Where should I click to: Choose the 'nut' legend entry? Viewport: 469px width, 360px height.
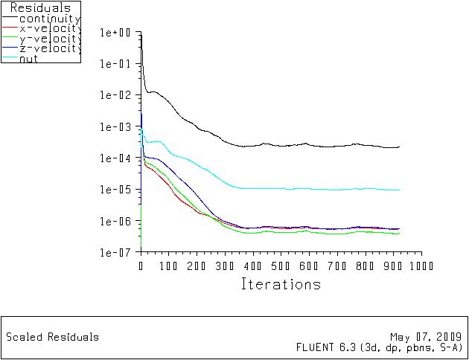coord(29,58)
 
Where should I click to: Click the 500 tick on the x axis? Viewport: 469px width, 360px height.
coord(281,266)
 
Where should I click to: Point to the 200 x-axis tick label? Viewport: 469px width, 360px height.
coord(197,266)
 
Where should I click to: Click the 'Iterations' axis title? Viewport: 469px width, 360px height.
coord(281,284)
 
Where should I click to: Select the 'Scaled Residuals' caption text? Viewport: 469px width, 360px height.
coord(52,337)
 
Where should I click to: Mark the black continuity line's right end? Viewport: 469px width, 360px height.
coord(399,147)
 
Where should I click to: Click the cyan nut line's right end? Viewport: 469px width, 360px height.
coord(399,190)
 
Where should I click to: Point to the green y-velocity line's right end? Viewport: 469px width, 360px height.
coord(399,233)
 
